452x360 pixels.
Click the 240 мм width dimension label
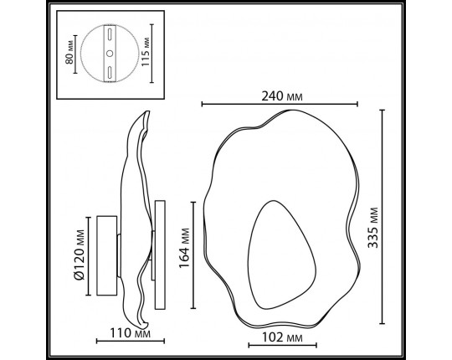281,95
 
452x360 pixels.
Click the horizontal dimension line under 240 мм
280,105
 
